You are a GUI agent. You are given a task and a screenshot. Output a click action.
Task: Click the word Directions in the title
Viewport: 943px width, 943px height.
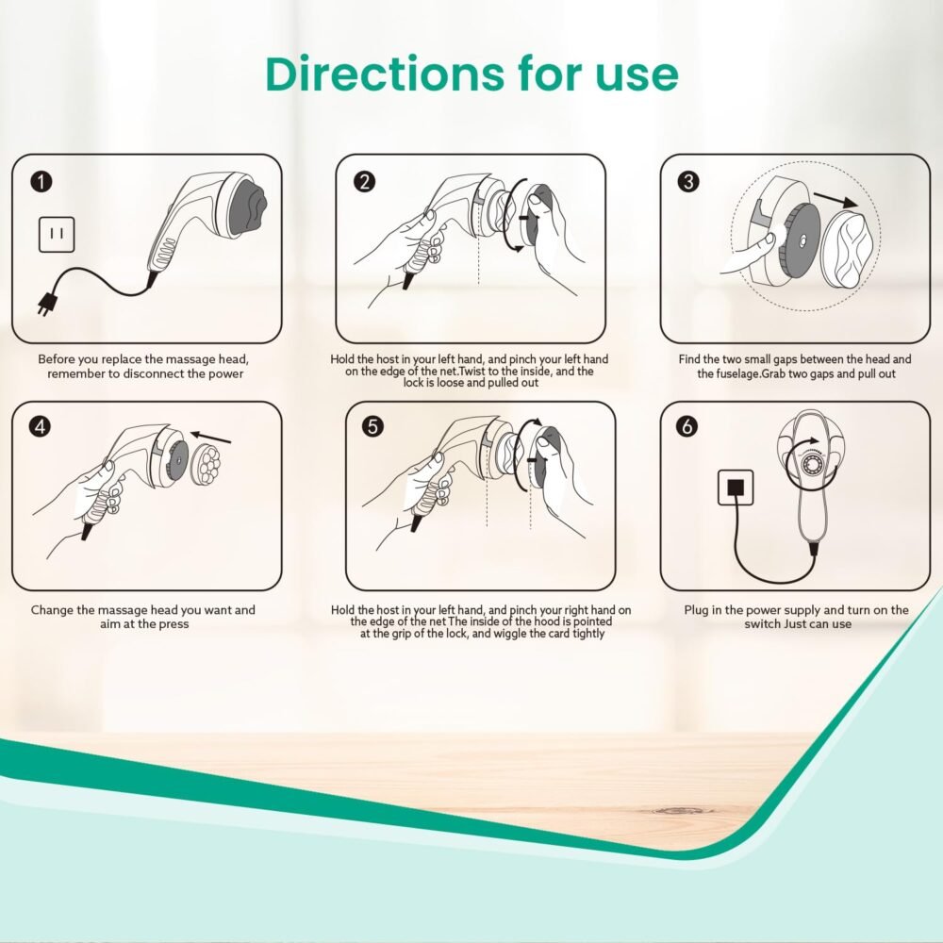(385, 74)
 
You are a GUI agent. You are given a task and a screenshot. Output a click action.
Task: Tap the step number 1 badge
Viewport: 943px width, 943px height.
(41, 182)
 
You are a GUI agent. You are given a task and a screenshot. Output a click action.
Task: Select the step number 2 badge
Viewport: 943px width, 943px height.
(364, 182)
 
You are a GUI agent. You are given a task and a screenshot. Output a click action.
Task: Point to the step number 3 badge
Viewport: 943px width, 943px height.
(688, 182)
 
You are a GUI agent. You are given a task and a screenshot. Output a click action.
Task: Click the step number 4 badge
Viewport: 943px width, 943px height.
(41, 426)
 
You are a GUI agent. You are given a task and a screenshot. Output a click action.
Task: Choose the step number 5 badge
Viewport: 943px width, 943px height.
(372, 426)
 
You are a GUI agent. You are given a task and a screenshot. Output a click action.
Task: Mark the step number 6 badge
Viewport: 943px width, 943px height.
(687, 426)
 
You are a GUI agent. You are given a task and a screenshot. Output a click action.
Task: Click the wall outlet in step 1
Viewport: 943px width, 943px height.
(57, 235)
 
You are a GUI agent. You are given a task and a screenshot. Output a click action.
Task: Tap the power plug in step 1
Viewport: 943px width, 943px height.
(46, 303)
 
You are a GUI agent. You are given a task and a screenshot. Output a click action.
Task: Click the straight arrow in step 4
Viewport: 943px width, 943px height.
(211, 437)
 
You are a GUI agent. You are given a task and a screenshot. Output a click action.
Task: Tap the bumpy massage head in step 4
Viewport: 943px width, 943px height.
(206, 465)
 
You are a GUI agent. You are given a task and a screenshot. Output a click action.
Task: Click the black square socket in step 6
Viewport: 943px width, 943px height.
(736, 488)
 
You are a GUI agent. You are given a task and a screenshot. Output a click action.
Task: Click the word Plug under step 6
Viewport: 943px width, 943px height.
(696, 610)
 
